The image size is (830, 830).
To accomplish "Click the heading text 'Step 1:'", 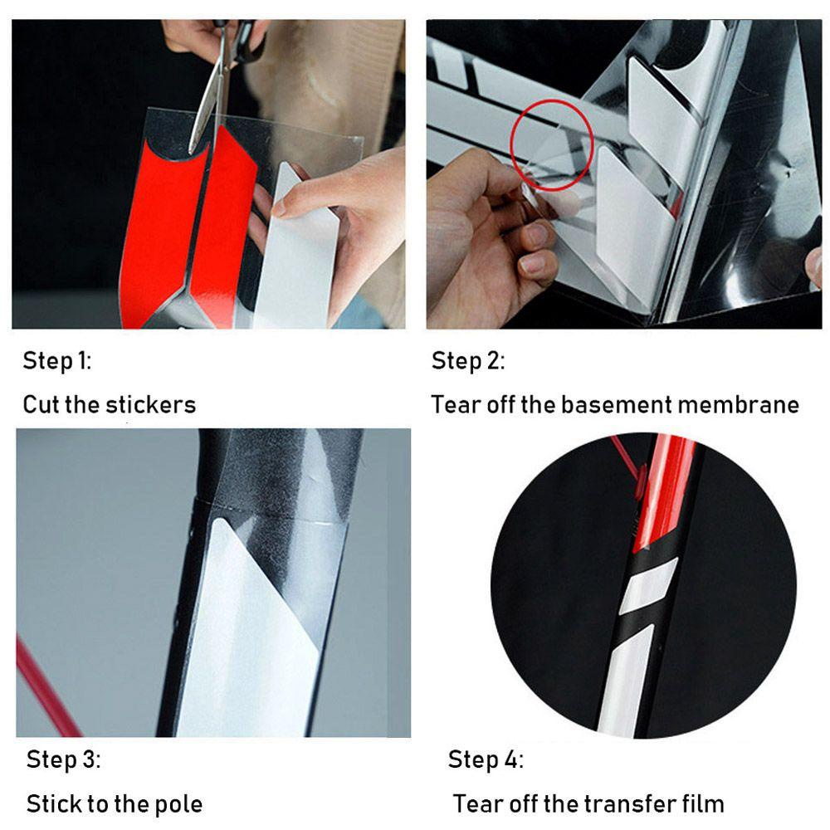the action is pyautogui.click(x=57, y=361).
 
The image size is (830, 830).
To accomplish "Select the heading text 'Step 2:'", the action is pyautogui.click(x=468, y=361).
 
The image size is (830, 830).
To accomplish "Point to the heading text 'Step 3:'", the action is pyautogui.click(x=64, y=759).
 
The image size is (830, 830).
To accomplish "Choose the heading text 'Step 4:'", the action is pyautogui.click(x=486, y=759).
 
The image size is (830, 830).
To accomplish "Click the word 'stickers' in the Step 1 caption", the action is pyautogui.click(x=151, y=405).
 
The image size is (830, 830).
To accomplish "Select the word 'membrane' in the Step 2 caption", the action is pyautogui.click(x=739, y=405).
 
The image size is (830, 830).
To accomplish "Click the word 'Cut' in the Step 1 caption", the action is pyautogui.click(x=41, y=405).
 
